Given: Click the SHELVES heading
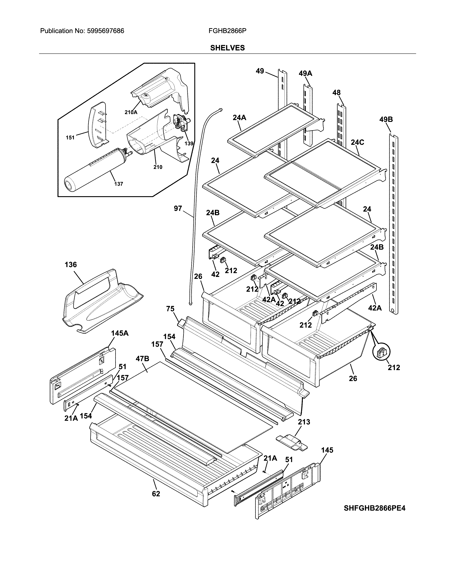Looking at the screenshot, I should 227,48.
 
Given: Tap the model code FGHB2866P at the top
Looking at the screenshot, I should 227,31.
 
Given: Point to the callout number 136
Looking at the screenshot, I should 71,265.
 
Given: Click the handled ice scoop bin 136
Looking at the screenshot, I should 100,301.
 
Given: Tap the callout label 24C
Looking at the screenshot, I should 357,142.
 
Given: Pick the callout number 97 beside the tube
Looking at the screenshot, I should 178,208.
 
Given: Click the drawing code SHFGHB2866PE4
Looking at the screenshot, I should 374,508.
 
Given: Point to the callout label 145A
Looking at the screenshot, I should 120,333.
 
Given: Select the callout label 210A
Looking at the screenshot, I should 131,112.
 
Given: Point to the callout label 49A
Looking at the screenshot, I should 305,73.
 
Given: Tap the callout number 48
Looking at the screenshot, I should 336,93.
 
